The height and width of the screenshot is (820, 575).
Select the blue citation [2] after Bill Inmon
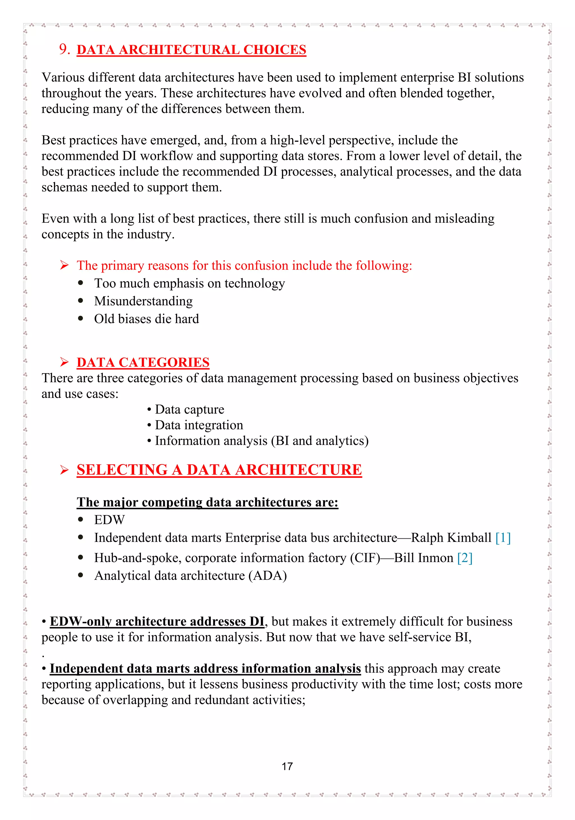464,558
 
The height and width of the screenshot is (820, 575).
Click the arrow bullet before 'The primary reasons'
64,265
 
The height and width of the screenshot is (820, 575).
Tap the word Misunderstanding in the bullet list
143,301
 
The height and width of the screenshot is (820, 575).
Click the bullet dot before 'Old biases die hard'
81,318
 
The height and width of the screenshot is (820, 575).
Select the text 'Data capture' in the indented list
189,409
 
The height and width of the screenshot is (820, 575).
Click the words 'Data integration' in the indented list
199,425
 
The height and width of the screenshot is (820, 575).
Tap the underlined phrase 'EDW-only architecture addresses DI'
157,621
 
